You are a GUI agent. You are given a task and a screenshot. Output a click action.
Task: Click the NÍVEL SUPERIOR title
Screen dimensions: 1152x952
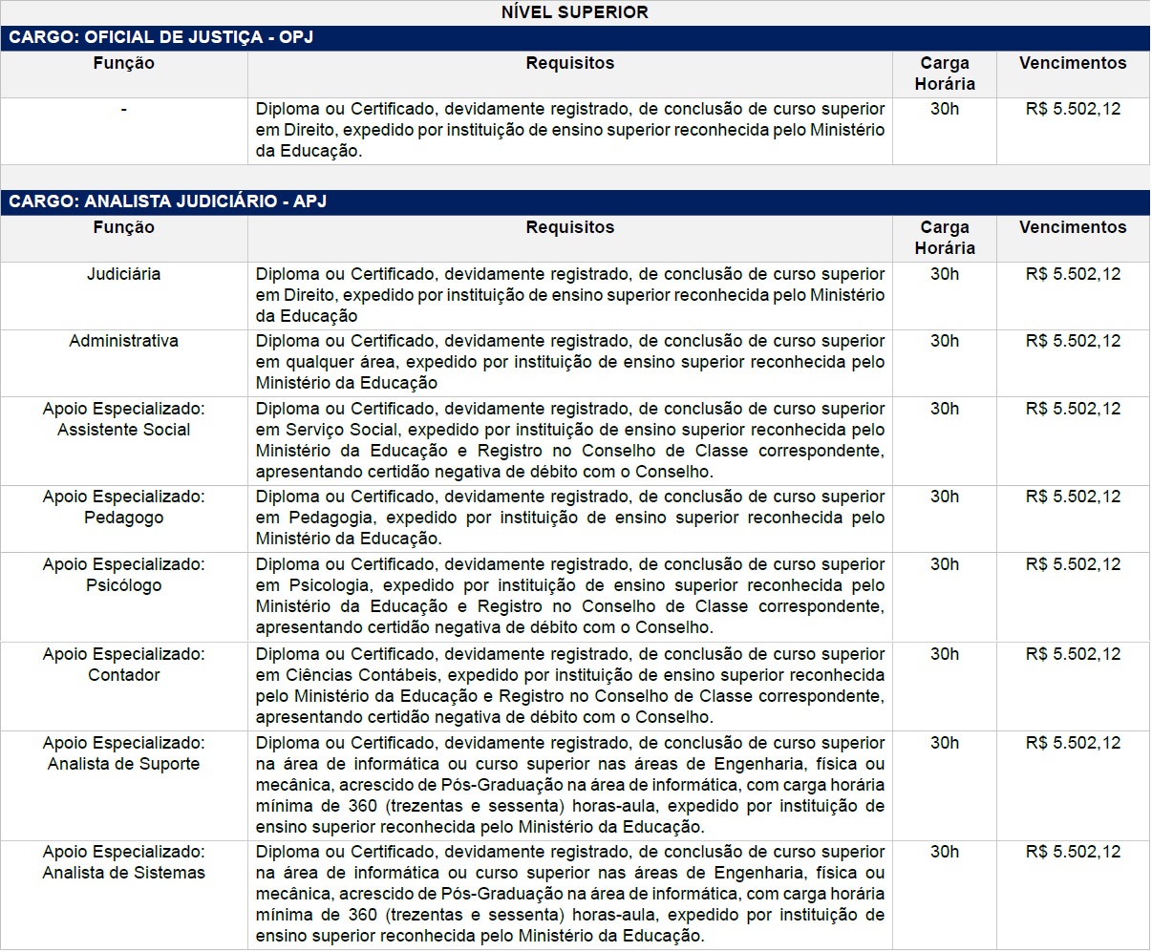tap(574, 12)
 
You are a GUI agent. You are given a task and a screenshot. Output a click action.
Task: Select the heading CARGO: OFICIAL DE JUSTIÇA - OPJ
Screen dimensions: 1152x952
tap(161, 38)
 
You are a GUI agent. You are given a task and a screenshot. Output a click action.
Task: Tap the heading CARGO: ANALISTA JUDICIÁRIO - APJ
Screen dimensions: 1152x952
tap(168, 201)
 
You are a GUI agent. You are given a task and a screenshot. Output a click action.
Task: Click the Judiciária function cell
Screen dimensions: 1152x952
tap(123, 274)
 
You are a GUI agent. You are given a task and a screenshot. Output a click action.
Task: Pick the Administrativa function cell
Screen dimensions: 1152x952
tap(123, 341)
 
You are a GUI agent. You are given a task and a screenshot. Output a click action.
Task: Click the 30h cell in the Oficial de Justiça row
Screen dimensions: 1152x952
tap(944, 109)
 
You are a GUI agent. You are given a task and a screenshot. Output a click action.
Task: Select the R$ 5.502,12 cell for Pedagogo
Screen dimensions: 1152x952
tap(1073, 497)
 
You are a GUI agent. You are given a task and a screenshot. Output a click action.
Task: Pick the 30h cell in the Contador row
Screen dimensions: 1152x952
tap(944, 654)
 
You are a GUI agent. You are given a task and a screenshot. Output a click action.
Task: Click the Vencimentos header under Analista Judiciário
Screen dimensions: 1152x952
tap(1073, 227)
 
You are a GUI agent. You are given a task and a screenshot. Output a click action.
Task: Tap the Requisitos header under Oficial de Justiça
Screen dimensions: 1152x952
tap(569, 63)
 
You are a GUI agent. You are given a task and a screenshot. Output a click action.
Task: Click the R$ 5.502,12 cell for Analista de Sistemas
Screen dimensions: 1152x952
tap(1073, 852)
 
